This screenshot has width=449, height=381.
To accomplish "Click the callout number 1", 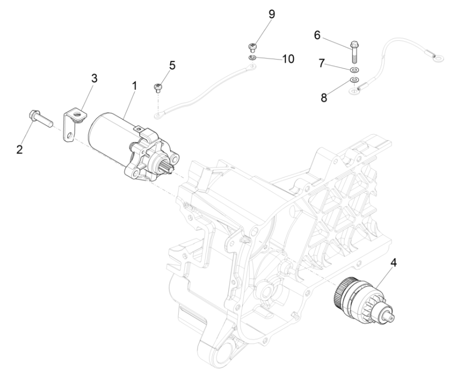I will pyautogui.click(x=134, y=85).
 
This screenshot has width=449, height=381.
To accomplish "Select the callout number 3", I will pyautogui.click(x=94, y=79).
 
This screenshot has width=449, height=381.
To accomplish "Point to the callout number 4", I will pyautogui.click(x=394, y=262).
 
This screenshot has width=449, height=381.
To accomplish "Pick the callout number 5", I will pyautogui.click(x=172, y=66).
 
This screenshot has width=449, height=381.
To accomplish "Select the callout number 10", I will pyautogui.click(x=287, y=58).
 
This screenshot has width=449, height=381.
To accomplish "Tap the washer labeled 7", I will pyautogui.click(x=355, y=69).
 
